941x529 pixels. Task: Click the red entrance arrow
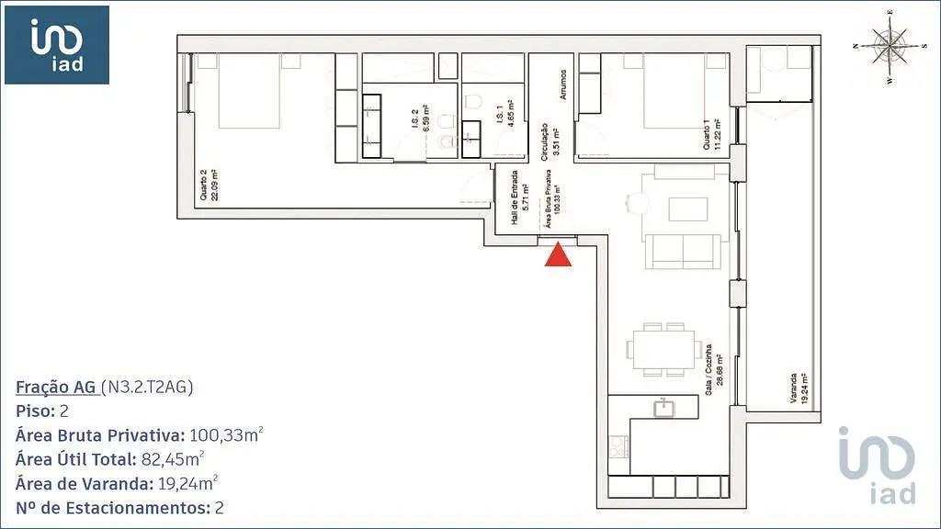(x=558, y=254)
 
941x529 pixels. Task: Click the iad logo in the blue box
(x=57, y=45)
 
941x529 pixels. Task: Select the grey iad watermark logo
(x=878, y=465)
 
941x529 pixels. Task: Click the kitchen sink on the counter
(x=663, y=408)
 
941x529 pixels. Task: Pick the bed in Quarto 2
(x=249, y=91)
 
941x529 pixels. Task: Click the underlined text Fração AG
(x=56, y=387)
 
